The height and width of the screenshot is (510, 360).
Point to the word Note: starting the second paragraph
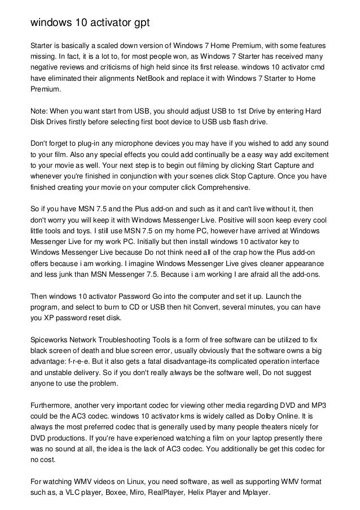[x=39, y=111]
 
